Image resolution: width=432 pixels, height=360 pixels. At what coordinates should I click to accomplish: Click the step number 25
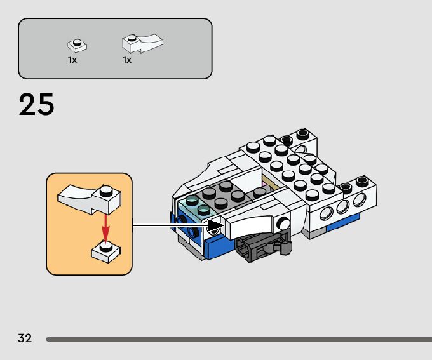(36, 105)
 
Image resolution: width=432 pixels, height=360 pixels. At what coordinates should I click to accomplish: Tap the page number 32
(25, 338)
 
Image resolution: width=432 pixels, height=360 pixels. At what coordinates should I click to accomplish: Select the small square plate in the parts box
(77, 46)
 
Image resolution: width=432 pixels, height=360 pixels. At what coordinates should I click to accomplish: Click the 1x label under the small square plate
(72, 60)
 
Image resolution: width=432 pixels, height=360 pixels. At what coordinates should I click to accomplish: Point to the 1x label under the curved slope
(127, 60)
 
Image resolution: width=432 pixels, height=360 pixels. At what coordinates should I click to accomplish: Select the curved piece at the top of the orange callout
(89, 198)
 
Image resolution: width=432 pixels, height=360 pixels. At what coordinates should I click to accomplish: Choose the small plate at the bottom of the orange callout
(106, 251)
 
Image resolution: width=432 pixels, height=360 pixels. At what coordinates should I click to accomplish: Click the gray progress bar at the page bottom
(239, 339)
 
